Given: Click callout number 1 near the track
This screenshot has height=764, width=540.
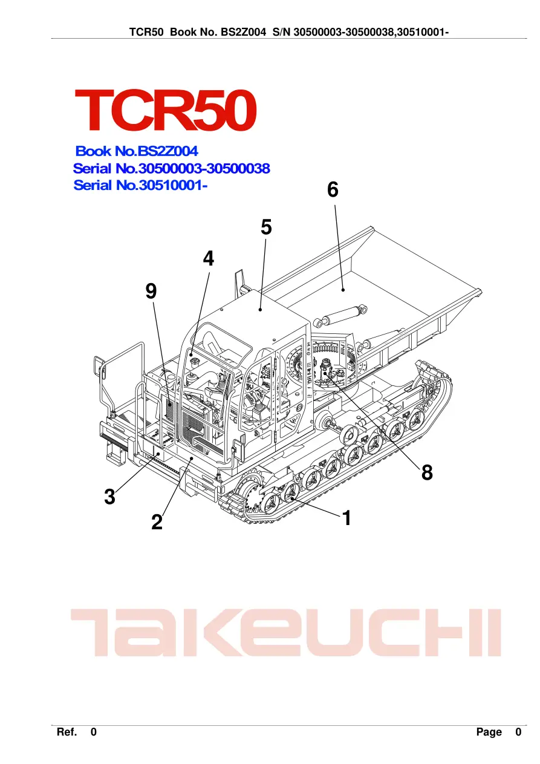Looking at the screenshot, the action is (346, 518).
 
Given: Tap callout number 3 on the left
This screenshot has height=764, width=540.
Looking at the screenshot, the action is (110, 497).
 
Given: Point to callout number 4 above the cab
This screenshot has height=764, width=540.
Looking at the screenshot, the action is (208, 258).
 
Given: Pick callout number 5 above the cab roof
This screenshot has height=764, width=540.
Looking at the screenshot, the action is (266, 227).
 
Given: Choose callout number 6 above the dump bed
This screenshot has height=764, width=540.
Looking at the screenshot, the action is (333, 189).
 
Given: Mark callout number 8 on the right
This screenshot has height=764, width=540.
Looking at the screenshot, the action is (427, 472).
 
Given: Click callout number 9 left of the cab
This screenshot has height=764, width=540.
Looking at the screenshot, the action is (151, 292).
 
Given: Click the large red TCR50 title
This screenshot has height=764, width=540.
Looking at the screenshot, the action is (166, 110).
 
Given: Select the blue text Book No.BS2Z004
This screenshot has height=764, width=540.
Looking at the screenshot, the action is (137, 151).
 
